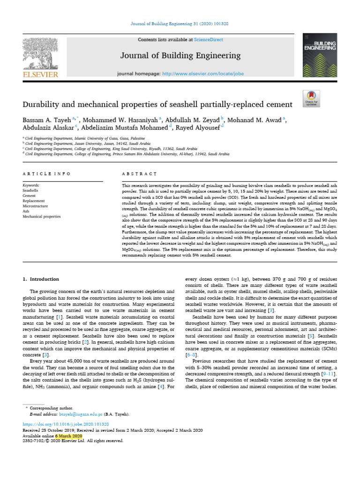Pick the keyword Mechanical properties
click(x=41, y=217)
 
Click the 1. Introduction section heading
click(x=41, y=279)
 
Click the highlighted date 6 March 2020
click(x=69, y=435)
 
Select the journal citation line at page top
click(x=180, y=24)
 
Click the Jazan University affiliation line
click(x=81, y=143)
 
